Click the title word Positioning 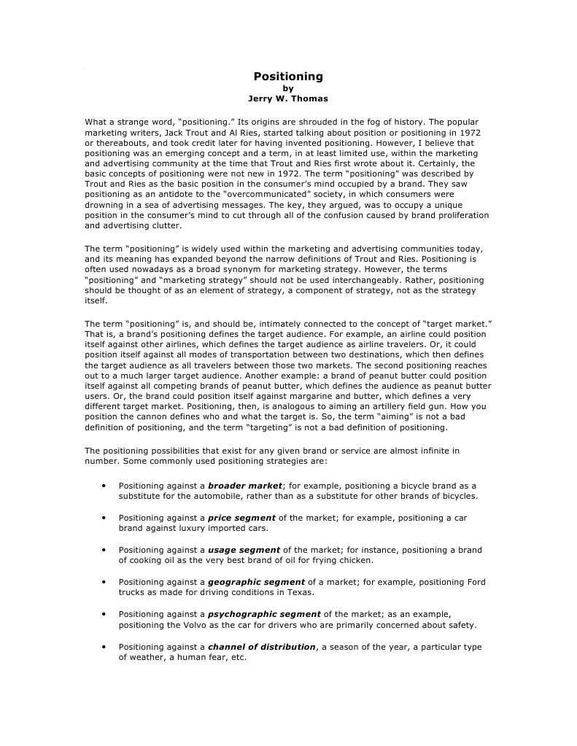(288, 76)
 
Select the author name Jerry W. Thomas (288, 98)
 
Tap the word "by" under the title (288, 88)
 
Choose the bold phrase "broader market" (244, 486)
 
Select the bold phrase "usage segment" (244, 550)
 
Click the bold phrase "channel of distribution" (261, 647)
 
